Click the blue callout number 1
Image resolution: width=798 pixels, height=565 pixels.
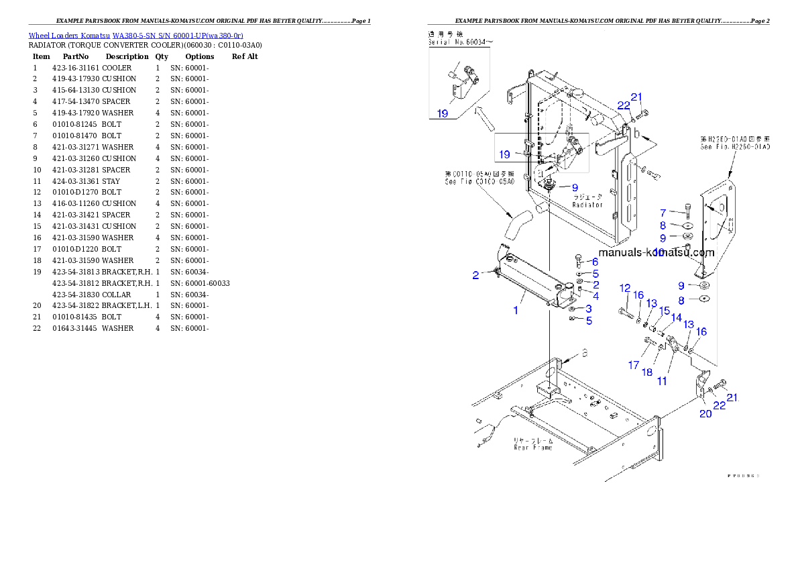click(x=516, y=310)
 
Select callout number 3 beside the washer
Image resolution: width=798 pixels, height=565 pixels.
click(x=588, y=309)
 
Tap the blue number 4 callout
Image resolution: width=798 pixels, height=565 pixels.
click(x=595, y=296)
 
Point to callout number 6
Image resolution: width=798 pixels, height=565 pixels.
click(x=595, y=262)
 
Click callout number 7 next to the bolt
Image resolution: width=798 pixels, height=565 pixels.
click(x=663, y=213)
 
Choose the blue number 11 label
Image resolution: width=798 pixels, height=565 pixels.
click(x=662, y=381)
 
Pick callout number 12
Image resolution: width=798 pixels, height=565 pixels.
click(x=625, y=288)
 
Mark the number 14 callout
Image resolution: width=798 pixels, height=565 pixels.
click(x=677, y=317)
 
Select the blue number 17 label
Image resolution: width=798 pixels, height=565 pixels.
click(x=634, y=365)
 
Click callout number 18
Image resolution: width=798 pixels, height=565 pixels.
click(x=647, y=371)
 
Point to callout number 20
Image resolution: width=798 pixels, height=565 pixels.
click(x=705, y=414)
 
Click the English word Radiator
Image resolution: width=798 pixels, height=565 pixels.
click(x=587, y=205)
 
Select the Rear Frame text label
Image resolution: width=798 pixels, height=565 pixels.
click(x=534, y=448)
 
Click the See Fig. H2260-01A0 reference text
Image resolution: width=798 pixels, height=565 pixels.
click(x=736, y=146)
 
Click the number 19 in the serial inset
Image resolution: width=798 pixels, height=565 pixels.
click(x=443, y=113)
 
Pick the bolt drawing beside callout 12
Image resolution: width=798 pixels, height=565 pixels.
click(x=625, y=313)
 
